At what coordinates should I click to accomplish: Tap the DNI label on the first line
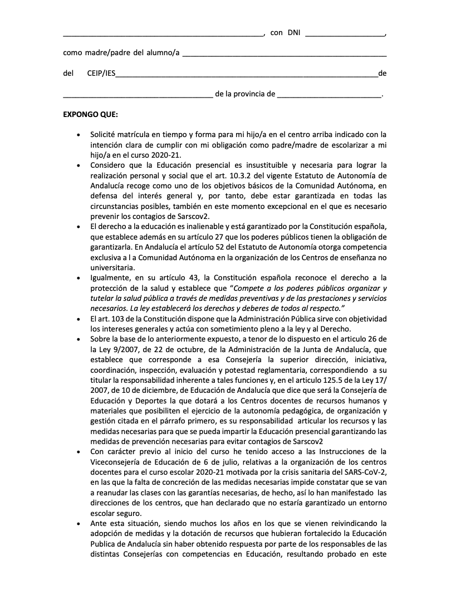click(x=295, y=32)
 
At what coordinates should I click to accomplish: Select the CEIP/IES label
click(x=101, y=73)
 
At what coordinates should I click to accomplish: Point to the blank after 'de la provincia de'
click(x=329, y=95)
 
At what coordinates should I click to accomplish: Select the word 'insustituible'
click(x=264, y=165)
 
